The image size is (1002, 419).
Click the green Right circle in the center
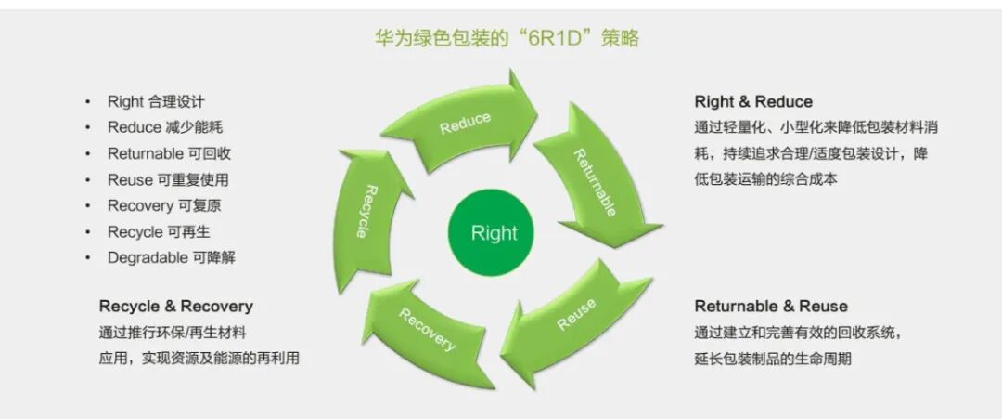click(494, 232)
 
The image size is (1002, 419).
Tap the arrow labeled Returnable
click(594, 181)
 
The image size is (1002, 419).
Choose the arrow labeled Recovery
click(427, 330)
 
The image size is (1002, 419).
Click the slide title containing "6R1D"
click(506, 38)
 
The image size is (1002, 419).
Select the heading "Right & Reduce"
click(752, 102)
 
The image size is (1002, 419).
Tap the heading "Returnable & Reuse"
click(771, 306)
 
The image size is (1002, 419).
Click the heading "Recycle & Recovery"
click(175, 306)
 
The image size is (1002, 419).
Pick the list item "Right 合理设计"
click(156, 101)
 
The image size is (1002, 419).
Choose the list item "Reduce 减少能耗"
click(165, 127)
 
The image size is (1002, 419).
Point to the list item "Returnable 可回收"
click(169, 153)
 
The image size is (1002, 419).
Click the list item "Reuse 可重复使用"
click(168, 179)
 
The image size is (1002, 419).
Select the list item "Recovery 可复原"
click(164, 205)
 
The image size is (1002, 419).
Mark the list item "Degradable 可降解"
click(171, 257)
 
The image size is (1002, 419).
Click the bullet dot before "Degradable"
click(87, 257)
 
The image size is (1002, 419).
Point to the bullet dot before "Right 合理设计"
click(87, 101)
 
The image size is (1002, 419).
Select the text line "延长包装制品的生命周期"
click(773, 358)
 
